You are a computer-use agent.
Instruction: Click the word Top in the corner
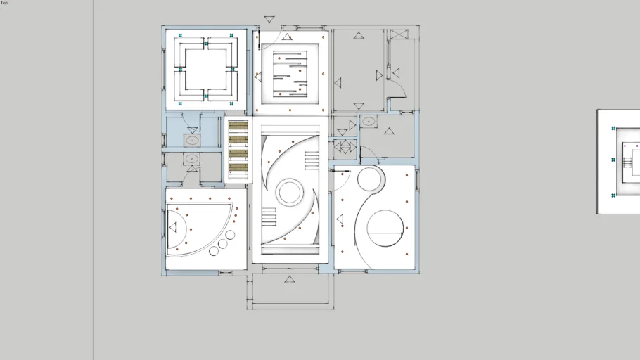point(4,3)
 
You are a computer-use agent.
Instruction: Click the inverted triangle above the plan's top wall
point(269,20)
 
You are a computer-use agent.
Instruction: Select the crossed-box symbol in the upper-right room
point(399,33)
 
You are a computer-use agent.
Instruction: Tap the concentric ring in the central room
point(288,192)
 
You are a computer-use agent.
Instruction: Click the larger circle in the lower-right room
point(385,228)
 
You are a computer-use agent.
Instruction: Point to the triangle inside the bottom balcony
point(289,280)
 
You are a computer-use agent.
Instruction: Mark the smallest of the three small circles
point(214,250)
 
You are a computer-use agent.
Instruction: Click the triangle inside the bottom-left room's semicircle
point(173,227)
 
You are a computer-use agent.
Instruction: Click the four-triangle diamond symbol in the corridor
point(345,146)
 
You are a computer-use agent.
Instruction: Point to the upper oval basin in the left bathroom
point(192,141)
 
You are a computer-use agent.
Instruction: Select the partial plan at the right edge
point(618,161)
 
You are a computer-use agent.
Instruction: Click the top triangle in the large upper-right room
point(359,35)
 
